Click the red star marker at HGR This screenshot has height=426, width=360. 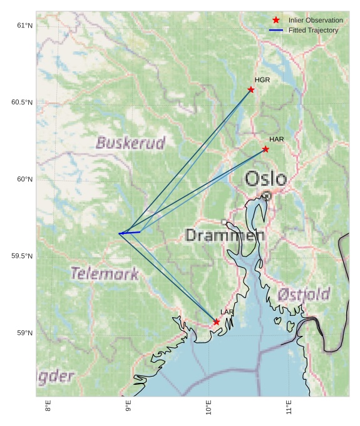coord(251,89)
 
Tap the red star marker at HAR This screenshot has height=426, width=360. coord(265,149)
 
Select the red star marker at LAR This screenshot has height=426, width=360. coord(216,322)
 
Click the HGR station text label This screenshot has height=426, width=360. coord(262,80)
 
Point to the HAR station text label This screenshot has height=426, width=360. coord(277,139)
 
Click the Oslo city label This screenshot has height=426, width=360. coord(265,179)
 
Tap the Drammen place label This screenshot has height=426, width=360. coord(225,236)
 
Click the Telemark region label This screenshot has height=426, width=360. coord(104,273)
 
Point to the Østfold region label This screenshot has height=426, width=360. coord(304,294)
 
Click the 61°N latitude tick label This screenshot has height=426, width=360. coord(24,26)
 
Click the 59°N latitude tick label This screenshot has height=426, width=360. coord(24,333)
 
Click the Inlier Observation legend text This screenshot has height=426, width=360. coord(316,21)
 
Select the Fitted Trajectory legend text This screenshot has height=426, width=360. coord(313,31)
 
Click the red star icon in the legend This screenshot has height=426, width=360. coord(276,20)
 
